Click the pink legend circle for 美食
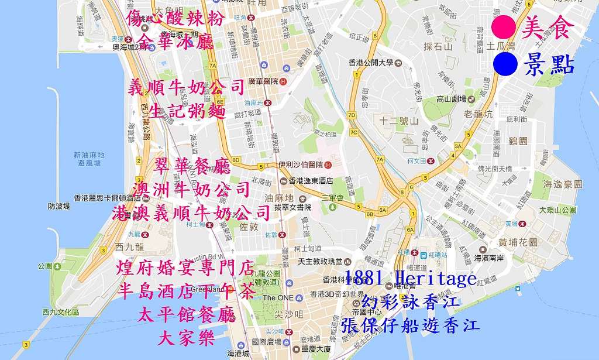coord(504,27)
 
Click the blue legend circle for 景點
coord(505,64)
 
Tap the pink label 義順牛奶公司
coord(186,88)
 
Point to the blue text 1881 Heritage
coord(411,279)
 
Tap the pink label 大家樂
coord(187,338)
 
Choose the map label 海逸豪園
coord(563,184)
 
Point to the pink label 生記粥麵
coord(187,111)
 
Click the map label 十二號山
coord(398,121)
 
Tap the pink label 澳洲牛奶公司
coord(191,190)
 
